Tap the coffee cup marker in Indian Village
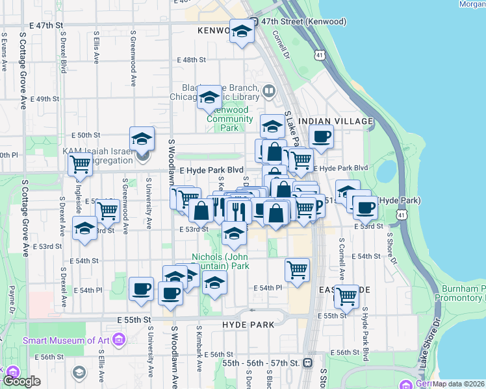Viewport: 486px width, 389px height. tap(320, 137)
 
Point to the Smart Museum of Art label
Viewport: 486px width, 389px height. tap(67, 340)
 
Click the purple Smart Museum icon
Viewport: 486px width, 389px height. tap(118, 340)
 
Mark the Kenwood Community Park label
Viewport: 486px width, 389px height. tap(231, 123)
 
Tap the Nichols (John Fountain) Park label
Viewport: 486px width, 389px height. tap(221, 261)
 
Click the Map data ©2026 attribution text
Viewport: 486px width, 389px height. tap(459, 384)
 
